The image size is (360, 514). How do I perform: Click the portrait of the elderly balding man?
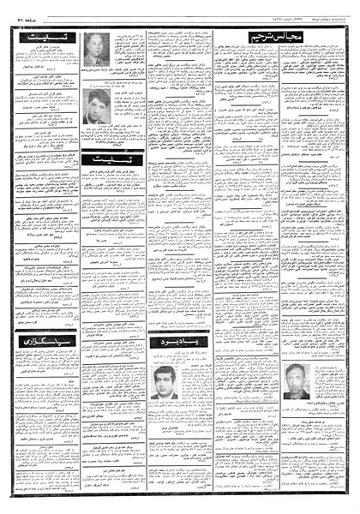coord(93,49)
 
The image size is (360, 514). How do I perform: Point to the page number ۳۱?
coord(20,11)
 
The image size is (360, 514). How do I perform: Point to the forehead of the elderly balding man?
coord(93,41)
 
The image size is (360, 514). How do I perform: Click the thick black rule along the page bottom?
coord(180,495)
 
